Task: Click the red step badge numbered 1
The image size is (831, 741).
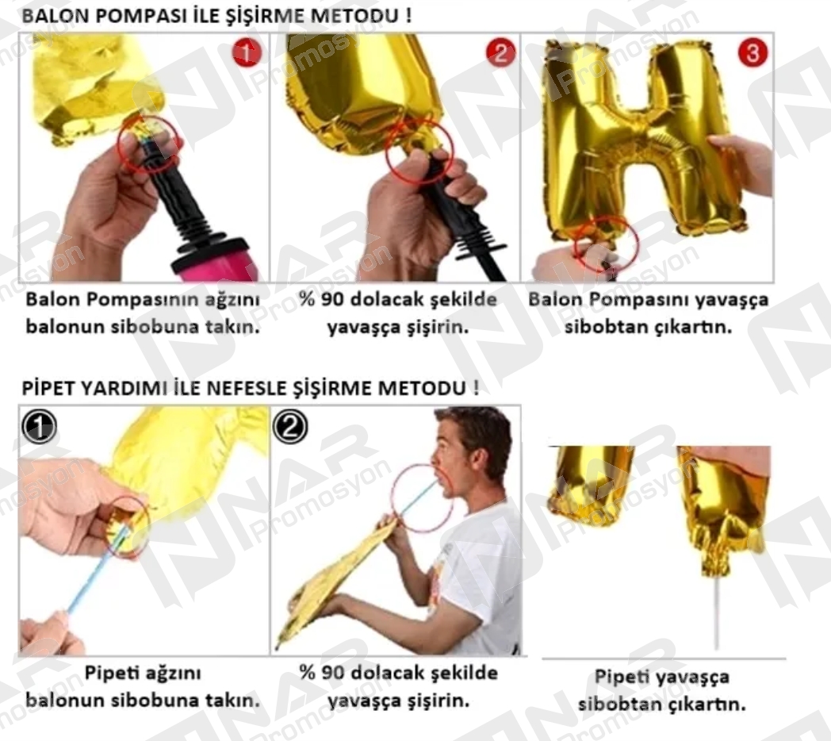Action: pyautogui.click(x=247, y=53)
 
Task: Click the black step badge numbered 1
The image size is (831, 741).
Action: pyautogui.click(x=39, y=427)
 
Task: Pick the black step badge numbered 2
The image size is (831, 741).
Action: pyautogui.click(x=289, y=427)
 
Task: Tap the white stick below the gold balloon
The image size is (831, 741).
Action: pyautogui.click(x=718, y=607)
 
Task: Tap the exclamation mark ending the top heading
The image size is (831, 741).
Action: pyautogui.click(x=408, y=15)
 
